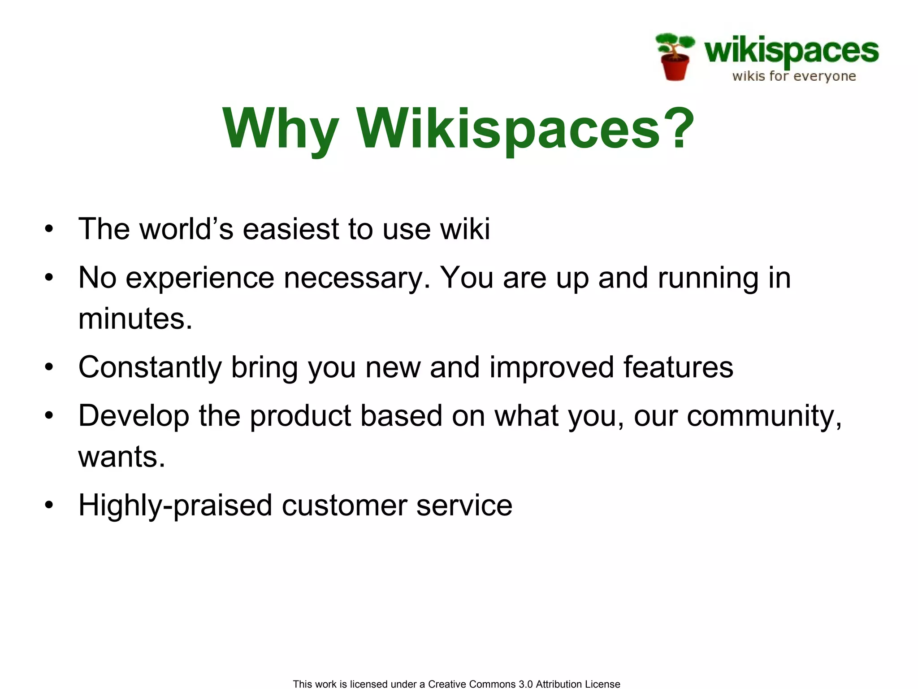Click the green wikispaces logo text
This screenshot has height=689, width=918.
click(791, 51)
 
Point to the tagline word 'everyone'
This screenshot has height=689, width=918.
click(824, 77)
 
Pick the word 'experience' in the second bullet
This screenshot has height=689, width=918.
click(200, 278)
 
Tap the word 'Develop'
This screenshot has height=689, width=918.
click(134, 416)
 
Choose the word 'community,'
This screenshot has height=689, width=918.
click(764, 416)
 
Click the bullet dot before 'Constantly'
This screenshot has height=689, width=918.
click(49, 367)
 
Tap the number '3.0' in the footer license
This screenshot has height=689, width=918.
click(525, 684)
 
